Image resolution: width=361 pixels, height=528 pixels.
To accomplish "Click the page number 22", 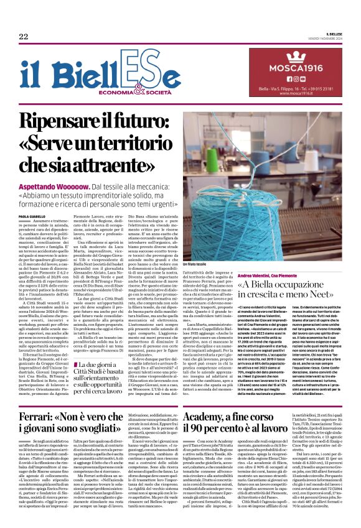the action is point(23,36).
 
